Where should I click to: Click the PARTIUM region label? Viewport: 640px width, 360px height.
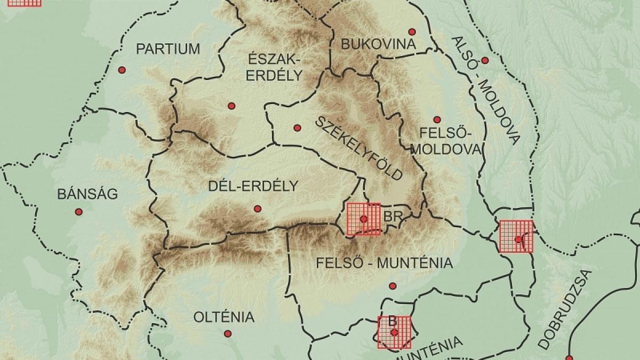(168, 49)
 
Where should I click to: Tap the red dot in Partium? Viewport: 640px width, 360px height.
(122, 70)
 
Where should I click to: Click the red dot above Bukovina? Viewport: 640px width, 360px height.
(411, 31)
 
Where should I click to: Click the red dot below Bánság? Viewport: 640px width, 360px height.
(79, 212)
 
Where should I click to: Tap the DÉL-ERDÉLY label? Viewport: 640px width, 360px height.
(252, 186)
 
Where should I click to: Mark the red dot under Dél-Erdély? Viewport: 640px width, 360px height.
(258, 209)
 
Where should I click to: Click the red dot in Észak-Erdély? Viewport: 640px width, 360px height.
(231, 106)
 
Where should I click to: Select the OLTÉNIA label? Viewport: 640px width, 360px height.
(223, 317)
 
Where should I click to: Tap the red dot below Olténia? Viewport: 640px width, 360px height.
(228, 334)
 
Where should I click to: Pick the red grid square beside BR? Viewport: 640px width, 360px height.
(363, 219)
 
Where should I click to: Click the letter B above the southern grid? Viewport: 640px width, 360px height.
(392, 321)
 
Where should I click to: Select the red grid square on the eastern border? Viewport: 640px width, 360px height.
(516, 236)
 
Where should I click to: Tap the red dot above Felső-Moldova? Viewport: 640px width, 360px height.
(437, 119)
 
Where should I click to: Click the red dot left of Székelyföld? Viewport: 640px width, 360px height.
(297, 127)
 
